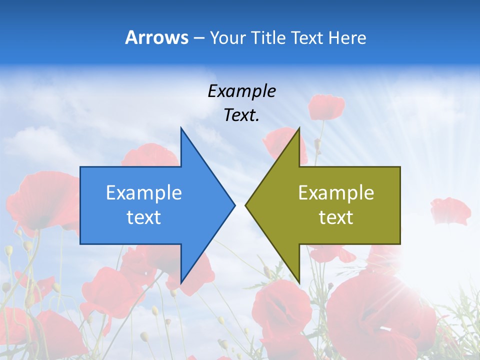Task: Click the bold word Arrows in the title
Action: (x=157, y=37)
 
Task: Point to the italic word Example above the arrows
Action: (x=241, y=91)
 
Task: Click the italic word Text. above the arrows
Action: (x=241, y=115)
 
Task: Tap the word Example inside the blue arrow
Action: (x=144, y=193)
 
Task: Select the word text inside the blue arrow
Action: (x=144, y=217)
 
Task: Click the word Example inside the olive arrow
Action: (x=336, y=193)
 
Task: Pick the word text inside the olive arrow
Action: (x=336, y=217)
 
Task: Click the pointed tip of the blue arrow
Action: (x=234, y=205)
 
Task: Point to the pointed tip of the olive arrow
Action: (x=246, y=205)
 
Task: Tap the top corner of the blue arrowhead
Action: (x=181, y=128)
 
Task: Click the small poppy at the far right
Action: (x=450, y=210)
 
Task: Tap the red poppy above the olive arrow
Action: (x=326, y=106)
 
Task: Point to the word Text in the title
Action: (x=307, y=37)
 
